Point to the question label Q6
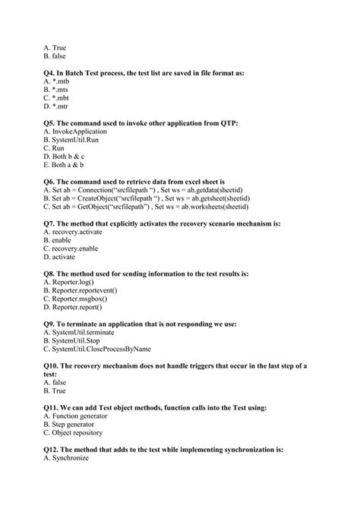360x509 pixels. click(50, 182)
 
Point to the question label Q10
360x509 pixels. click(52, 365)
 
